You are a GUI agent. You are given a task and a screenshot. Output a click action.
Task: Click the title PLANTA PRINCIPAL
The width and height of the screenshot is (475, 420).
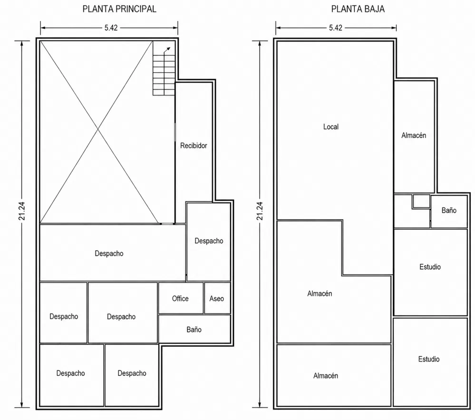pos(119,9)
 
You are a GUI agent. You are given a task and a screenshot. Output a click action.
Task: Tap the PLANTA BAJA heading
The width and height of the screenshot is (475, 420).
pos(358,9)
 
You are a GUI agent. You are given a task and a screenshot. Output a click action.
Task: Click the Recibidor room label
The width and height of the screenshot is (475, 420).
pos(194,146)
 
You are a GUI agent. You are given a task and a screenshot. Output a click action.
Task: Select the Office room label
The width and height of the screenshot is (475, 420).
pos(180,299)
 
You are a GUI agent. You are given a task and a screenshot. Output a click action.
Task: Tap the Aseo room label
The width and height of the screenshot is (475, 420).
pos(217,299)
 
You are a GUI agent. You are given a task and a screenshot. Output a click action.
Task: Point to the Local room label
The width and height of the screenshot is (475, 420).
pos(331,127)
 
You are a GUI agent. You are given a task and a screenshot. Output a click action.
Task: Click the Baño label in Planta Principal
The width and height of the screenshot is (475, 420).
pos(194,330)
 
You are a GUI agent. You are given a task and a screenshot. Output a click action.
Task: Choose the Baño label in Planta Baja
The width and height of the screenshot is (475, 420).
pos(449,210)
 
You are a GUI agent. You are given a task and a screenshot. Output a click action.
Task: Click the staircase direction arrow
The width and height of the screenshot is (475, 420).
pos(167,50)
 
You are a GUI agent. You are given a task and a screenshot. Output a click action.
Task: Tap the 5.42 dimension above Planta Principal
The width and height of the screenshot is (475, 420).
pos(111,28)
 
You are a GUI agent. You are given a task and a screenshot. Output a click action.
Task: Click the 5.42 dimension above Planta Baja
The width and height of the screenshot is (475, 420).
pos(336,28)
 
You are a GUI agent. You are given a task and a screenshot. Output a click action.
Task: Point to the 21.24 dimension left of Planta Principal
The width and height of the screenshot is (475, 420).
pos(22,211)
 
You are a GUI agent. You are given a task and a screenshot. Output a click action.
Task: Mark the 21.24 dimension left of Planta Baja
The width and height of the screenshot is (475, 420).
pos(260,211)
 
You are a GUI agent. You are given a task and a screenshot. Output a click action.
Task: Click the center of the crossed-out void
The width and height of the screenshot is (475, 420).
pos(98,130)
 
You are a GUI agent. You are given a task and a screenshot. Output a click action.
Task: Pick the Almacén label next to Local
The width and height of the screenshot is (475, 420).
pos(414,135)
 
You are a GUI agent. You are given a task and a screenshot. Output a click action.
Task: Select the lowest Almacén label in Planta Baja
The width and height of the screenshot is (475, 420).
pos(326,376)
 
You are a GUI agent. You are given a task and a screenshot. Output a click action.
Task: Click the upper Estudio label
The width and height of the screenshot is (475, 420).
pos(430,267)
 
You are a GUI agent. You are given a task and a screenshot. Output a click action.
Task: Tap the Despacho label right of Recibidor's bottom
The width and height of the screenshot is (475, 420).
pos(209,241)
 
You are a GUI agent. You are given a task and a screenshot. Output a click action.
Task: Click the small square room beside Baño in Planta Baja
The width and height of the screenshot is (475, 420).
pos(421,201)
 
